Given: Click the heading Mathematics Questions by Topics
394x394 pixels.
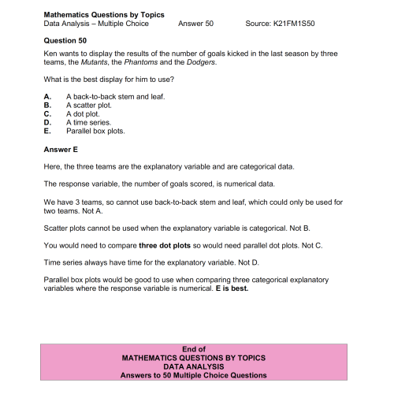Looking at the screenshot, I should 93,14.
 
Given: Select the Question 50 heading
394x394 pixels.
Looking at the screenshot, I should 66,39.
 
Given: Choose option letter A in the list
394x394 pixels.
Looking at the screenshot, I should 47,95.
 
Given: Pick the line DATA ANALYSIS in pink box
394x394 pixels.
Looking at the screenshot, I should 194,366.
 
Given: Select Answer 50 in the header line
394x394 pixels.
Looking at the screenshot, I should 195,24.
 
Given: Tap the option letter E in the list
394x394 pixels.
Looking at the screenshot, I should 47,131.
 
